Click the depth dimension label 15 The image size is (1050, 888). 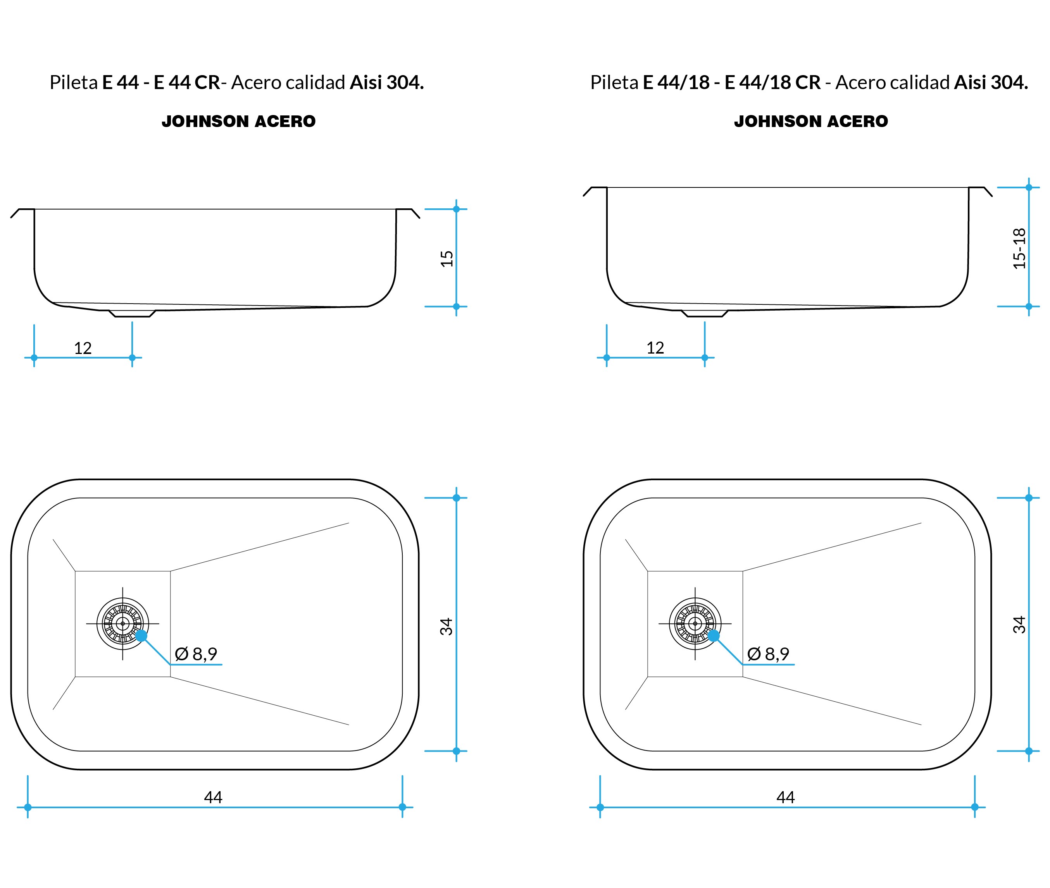pyautogui.click(x=447, y=258)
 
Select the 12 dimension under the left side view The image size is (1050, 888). pyautogui.click(x=83, y=348)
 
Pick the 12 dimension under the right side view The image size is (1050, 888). pyautogui.click(x=655, y=347)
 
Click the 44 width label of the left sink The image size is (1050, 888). pyautogui.click(x=213, y=797)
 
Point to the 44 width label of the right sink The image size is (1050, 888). pyautogui.click(x=786, y=797)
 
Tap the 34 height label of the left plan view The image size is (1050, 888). pyautogui.click(x=447, y=626)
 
